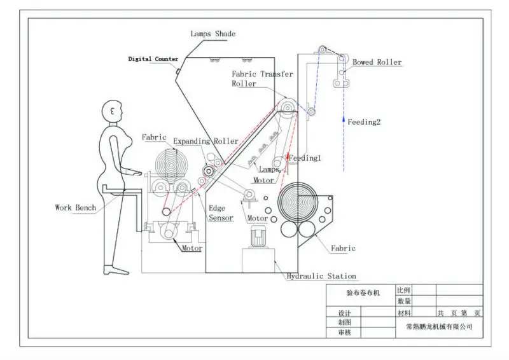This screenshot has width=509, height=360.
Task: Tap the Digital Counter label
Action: pos(153,59)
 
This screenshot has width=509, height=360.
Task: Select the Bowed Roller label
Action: pos(377,62)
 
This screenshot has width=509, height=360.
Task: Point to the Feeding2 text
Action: pos(364,121)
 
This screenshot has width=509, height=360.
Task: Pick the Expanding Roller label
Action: pos(206,141)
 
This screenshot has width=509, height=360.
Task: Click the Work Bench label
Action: pos(76,207)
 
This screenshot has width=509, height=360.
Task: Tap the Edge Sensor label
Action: pos(221,213)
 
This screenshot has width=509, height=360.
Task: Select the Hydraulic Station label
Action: pos(321,276)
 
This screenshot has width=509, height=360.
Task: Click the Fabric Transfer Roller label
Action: pos(262,78)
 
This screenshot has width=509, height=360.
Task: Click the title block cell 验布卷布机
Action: pos(362,294)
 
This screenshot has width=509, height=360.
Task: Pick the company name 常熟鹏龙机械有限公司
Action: pos(440,326)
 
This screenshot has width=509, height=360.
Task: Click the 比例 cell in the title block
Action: pos(404,289)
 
